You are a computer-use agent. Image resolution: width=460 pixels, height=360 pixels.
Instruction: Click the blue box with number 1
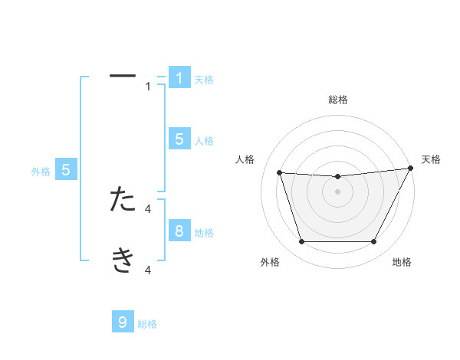pyautogui.click(x=179, y=78)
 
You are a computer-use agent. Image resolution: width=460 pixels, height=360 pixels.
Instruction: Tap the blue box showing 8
pyautogui.click(x=179, y=231)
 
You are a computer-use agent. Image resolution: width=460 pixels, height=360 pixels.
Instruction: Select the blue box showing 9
pyautogui.click(x=123, y=322)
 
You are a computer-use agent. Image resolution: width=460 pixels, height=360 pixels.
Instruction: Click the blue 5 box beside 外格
pyautogui.click(x=66, y=171)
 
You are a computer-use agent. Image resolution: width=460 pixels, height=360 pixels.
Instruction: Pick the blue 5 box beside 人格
pyautogui.click(x=179, y=139)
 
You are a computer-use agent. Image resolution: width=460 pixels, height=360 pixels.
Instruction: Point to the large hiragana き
pyautogui.click(x=123, y=260)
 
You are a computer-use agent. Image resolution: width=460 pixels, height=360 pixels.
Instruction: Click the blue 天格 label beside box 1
pyautogui.click(x=204, y=80)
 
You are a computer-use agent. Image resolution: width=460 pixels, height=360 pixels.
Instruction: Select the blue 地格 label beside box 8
pyautogui.click(x=204, y=233)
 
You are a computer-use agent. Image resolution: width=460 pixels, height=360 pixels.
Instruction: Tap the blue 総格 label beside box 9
pyautogui.click(x=147, y=324)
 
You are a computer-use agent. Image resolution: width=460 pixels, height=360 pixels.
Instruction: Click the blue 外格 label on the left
pyautogui.click(x=41, y=172)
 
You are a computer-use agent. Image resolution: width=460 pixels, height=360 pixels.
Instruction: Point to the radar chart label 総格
pyautogui.click(x=337, y=100)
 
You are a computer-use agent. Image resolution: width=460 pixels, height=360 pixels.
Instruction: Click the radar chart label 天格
pyautogui.click(x=432, y=159)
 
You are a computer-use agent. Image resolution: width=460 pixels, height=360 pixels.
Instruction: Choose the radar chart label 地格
pyautogui.click(x=402, y=262)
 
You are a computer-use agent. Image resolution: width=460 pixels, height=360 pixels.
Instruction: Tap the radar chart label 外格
pyautogui.click(x=270, y=262)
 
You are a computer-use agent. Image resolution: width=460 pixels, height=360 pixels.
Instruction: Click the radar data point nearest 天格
pyautogui.click(x=410, y=168)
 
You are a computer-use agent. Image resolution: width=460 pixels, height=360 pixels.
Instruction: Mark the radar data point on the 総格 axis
pyautogui.click(x=337, y=177)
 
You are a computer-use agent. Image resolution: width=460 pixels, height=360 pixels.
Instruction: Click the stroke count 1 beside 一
pyautogui.click(x=149, y=86)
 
